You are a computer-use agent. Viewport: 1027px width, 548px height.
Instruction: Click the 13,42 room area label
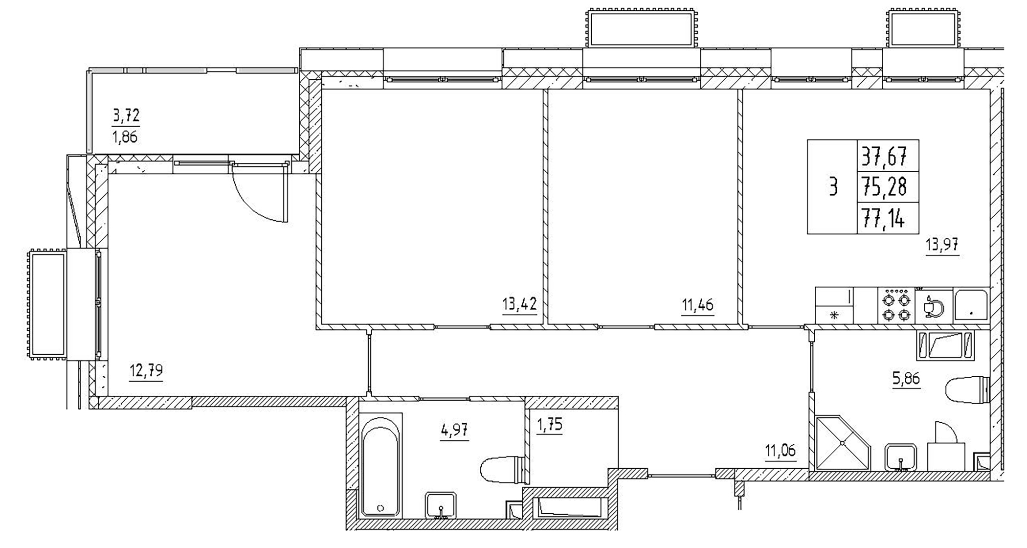click(x=519, y=304)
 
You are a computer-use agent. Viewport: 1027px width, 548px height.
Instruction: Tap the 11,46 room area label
click(x=698, y=305)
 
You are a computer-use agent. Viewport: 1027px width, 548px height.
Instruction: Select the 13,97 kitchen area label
click(x=942, y=244)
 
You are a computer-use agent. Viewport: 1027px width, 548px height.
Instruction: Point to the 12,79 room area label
click(x=146, y=371)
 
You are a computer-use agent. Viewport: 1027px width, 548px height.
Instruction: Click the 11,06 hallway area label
click(x=781, y=450)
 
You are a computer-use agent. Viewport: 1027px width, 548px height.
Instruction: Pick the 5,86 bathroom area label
click(x=906, y=378)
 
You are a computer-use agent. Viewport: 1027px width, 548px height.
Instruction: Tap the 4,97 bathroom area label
click(x=454, y=431)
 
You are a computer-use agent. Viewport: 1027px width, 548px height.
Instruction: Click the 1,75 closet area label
click(x=550, y=425)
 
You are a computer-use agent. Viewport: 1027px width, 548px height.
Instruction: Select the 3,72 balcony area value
click(x=126, y=115)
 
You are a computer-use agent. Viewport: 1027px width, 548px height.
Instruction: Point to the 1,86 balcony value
click(x=125, y=137)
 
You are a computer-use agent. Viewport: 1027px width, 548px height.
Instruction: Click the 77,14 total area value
click(x=884, y=218)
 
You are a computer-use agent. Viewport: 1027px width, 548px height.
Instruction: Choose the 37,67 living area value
click(x=884, y=157)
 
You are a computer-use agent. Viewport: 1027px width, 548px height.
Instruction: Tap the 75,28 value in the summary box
click(x=884, y=187)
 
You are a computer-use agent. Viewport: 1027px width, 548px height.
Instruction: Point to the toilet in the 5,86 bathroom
click(x=967, y=389)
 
